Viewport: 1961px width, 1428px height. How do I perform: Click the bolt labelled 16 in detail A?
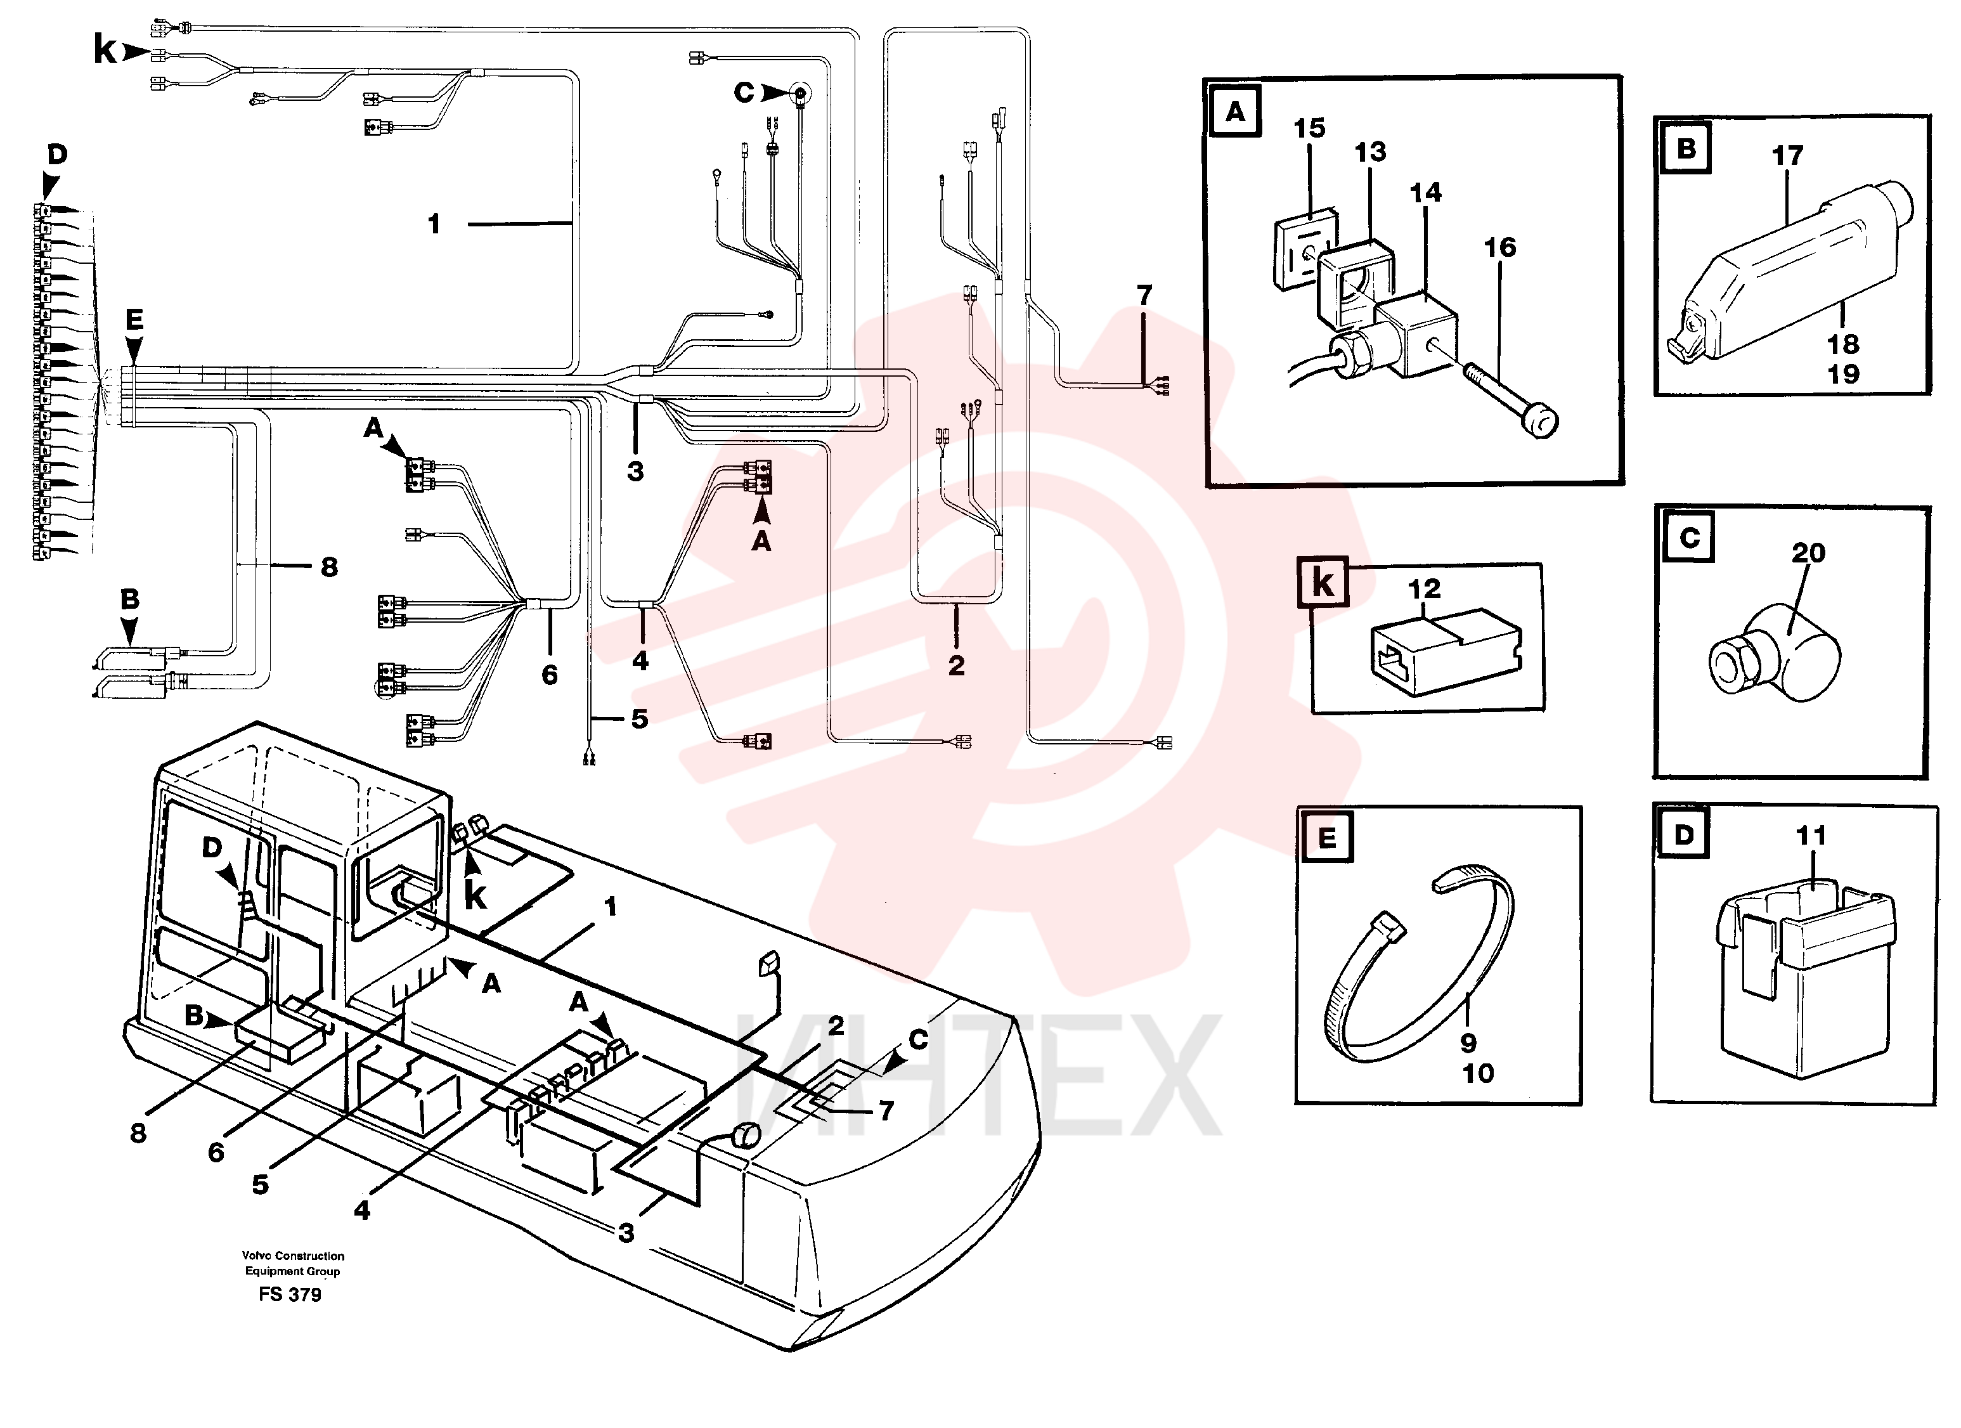1510,399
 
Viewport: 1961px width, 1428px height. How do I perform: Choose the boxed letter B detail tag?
1686,149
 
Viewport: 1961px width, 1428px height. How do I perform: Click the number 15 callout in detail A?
1309,128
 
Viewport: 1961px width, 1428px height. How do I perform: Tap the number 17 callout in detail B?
1787,156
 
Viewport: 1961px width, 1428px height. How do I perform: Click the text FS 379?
290,1295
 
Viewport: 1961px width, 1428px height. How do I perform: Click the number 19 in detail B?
1842,375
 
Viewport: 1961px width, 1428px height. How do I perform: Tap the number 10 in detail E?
1478,1074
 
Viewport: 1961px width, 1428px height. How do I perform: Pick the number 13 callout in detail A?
1369,152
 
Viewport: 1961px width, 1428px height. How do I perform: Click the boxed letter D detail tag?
1683,834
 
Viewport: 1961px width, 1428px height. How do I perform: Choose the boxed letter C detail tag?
1688,538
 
